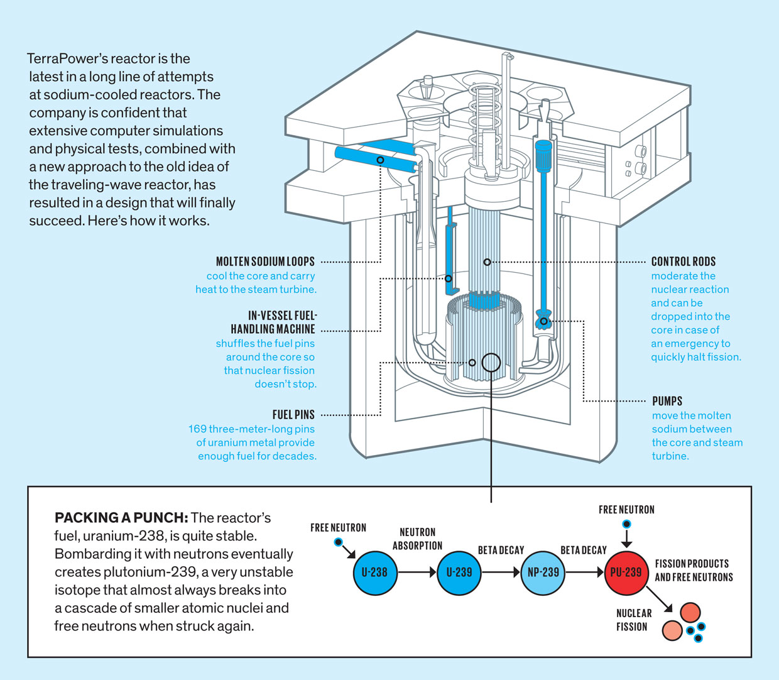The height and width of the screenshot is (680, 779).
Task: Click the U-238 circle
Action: [x=374, y=573]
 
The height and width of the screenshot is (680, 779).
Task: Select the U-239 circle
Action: [x=459, y=573]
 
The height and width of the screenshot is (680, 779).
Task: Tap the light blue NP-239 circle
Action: [x=542, y=573]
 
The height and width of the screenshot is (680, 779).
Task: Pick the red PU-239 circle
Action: [x=626, y=573]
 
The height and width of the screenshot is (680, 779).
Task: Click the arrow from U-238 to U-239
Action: [x=417, y=573]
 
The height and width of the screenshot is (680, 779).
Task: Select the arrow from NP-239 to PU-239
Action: [x=584, y=573]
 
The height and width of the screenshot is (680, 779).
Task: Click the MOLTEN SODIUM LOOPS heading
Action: [x=265, y=261]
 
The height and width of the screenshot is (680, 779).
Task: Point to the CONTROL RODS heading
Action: [x=683, y=261]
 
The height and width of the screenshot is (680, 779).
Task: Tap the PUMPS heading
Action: [x=667, y=401]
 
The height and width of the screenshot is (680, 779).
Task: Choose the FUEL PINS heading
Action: [x=293, y=415]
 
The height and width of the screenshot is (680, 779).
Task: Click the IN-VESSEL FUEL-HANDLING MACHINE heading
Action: [x=273, y=322]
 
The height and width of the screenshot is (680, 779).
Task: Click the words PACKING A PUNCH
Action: [x=121, y=518]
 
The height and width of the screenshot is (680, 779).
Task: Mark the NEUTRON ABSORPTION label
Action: [x=417, y=539]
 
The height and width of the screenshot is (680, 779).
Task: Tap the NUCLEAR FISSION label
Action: [x=633, y=620]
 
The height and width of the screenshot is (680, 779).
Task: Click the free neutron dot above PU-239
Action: [x=626, y=524]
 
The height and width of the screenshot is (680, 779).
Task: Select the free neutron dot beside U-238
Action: [x=339, y=542]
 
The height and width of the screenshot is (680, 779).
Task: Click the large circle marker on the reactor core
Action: [x=491, y=362]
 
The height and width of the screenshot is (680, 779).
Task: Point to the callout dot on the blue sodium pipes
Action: [x=380, y=160]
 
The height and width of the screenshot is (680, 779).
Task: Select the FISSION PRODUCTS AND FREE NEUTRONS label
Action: [x=694, y=571]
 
